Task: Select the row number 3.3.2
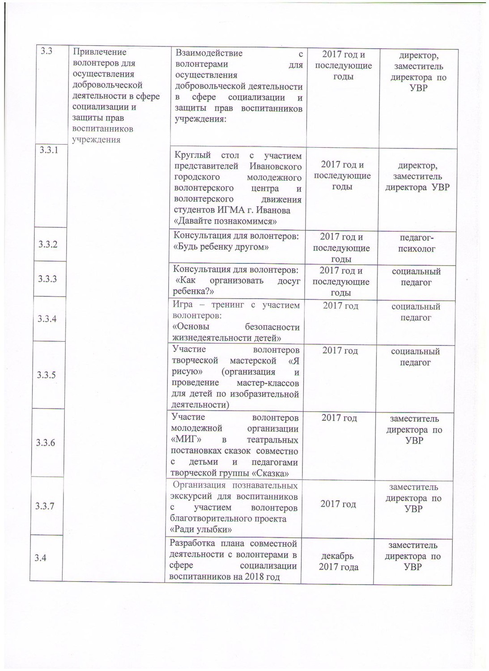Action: [x=47, y=244]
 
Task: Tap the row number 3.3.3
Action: [x=47, y=279]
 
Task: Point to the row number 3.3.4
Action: [x=47, y=319]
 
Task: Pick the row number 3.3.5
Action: [x=47, y=375]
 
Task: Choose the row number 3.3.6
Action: [x=46, y=443]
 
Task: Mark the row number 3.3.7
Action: [x=45, y=506]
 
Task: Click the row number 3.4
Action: [x=42, y=558]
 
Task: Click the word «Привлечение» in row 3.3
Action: [x=99, y=52]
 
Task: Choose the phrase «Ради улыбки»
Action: [x=201, y=530]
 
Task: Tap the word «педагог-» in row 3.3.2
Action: [x=416, y=238]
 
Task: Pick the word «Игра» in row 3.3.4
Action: [x=183, y=305]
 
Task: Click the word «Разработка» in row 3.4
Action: [x=192, y=544]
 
